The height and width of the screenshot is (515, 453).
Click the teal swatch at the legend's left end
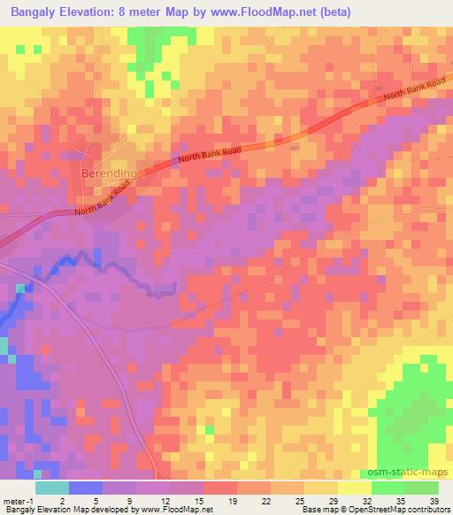click(x=52, y=488)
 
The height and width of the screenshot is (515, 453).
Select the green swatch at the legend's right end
click(x=422, y=488)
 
